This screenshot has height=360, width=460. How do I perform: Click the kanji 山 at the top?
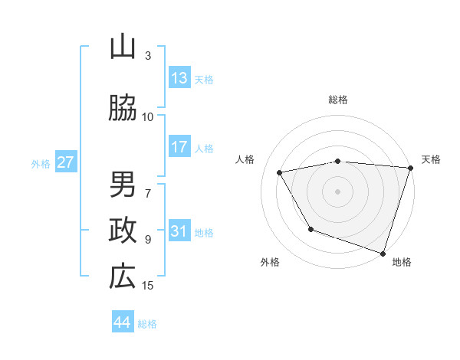pyautogui.click(x=123, y=47)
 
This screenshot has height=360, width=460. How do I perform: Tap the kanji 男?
pyautogui.click(x=123, y=185)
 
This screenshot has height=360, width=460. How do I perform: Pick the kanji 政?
pyautogui.click(x=123, y=231)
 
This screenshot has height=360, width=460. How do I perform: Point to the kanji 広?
pyautogui.click(x=123, y=277)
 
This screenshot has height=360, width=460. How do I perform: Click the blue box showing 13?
pyautogui.click(x=179, y=78)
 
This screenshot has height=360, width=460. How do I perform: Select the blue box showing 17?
pyautogui.click(x=179, y=147)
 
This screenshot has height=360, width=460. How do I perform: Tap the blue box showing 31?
pyautogui.click(x=179, y=231)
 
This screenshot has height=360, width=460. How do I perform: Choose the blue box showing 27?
pyautogui.click(x=65, y=162)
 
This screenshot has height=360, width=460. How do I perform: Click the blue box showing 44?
pyautogui.click(x=123, y=322)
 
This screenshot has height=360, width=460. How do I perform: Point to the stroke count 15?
pyautogui.click(x=148, y=286)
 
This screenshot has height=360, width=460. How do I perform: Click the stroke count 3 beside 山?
pyautogui.click(x=148, y=56)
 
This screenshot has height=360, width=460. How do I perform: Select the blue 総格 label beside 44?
pyautogui.click(x=148, y=324)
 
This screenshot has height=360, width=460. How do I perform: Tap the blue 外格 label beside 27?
pyautogui.click(x=41, y=163)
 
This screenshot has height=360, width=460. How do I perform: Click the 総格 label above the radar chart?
pyautogui.click(x=337, y=100)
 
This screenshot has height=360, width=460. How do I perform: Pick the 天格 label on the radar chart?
pyautogui.click(x=431, y=159)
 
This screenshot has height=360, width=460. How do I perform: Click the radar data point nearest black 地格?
pyautogui.click(x=382, y=252)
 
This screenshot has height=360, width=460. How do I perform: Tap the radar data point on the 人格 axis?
pyautogui.click(x=280, y=172)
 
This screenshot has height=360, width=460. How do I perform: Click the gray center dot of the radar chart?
pyautogui.click(x=337, y=191)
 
